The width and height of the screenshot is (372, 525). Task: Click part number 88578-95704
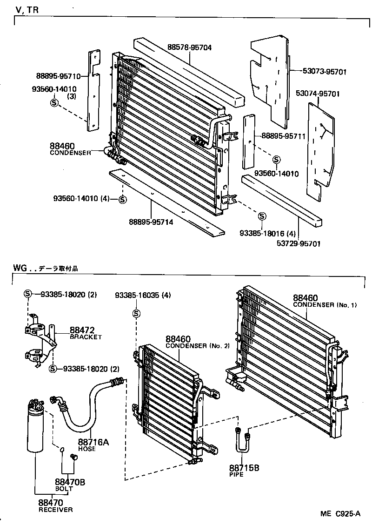click(190, 47)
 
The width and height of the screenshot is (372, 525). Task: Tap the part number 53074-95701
click(318, 94)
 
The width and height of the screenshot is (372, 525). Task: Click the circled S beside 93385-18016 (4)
click(262, 216)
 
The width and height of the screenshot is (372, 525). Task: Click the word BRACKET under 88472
click(86, 337)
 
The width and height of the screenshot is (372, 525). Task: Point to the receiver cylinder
click(36, 428)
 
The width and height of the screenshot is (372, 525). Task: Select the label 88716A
click(93, 442)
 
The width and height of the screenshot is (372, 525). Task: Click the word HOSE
click(86, 449)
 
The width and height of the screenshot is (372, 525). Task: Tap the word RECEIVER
click(55, 510)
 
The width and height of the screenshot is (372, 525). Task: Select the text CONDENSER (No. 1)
click(325, 305)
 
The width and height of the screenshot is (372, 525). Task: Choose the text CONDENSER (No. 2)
click(198, 346)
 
